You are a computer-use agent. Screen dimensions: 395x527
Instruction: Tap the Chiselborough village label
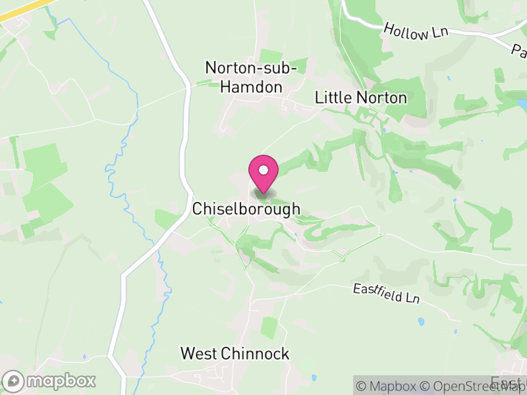click(x=246, y=209)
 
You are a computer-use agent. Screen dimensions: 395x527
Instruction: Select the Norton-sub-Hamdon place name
click(x=251, y=76)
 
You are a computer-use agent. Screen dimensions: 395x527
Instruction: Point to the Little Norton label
click(x=360, y=98)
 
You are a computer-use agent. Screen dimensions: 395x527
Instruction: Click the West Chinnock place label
click(x=235, y=354)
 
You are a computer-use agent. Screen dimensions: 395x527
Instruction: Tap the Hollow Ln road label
click(x=415, y=31)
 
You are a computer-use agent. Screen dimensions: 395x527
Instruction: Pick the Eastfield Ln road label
click(x=386, y=294)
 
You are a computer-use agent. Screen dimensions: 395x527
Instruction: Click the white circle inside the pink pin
click(x=263, y=171)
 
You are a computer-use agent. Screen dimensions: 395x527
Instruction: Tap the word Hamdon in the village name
click(x=251, y=87)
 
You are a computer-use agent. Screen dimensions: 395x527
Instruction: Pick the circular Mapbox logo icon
click(x=13, y=381)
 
